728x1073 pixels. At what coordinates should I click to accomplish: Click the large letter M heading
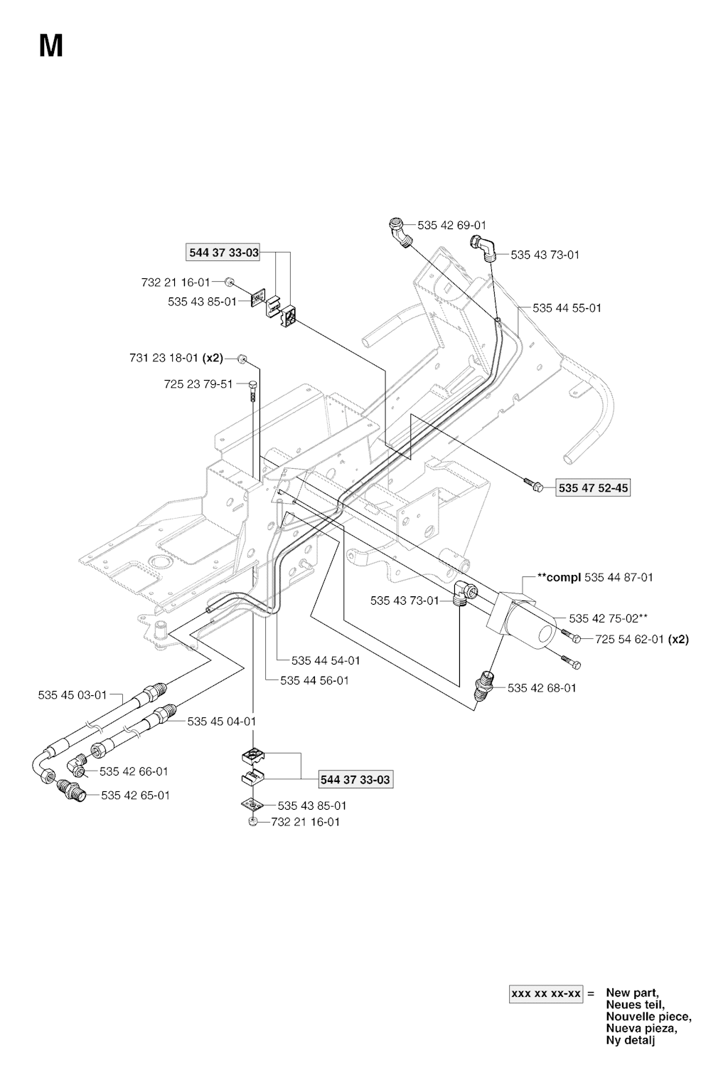pos(50,47)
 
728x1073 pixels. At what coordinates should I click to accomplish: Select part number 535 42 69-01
pos(451,225)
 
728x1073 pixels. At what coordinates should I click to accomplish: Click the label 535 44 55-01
pos(567,308)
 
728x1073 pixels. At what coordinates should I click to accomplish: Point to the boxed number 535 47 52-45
pos(593,488)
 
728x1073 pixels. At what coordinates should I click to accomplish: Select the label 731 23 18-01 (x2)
pos(176,358)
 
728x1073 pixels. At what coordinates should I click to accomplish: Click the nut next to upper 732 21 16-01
pos(229,282)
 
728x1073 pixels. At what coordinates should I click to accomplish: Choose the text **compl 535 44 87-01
pos(596,577)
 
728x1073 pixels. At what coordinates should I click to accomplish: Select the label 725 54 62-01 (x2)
pos(642,639)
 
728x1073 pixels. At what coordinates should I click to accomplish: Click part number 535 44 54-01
pos(326,660)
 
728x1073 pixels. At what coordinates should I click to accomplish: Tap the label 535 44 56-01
pos(314,680)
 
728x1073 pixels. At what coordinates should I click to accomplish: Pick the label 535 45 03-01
pos(73,694)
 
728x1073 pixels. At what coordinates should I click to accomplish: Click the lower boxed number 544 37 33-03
pos(355,780)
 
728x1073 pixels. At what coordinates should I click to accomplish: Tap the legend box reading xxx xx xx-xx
pos(546,994)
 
